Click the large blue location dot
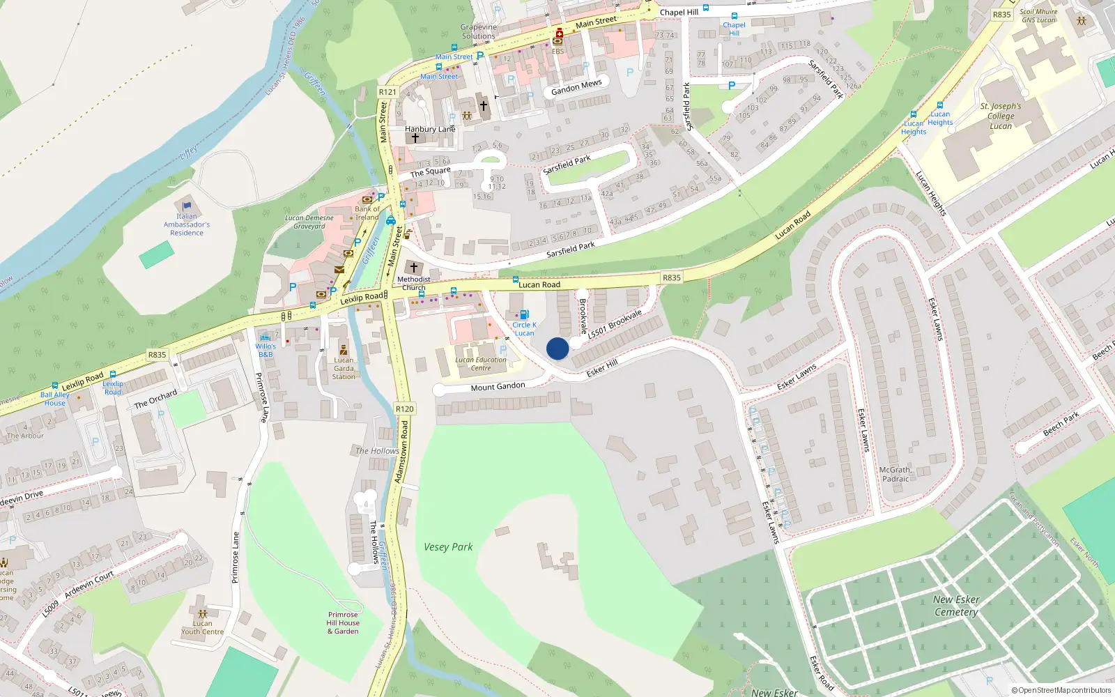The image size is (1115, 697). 557,348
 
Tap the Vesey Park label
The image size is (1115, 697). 448,547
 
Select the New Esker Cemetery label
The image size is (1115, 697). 956,606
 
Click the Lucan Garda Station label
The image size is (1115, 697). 344,369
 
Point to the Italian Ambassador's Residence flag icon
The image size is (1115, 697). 187,206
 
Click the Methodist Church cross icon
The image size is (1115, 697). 414,268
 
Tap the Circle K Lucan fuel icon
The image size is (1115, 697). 524,315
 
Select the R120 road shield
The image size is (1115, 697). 404,409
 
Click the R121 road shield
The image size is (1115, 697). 387,92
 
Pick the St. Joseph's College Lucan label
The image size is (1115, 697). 1001,116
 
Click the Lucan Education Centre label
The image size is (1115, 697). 481,364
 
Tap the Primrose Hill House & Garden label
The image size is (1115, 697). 343,623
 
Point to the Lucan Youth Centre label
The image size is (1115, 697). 203,628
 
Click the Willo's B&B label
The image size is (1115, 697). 266,350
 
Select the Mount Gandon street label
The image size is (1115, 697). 498,387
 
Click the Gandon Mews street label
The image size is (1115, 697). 576,87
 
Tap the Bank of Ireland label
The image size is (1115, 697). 367,213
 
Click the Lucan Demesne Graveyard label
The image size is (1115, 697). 309,222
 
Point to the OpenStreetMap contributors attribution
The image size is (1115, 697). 1061,690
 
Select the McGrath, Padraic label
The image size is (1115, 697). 895,475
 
